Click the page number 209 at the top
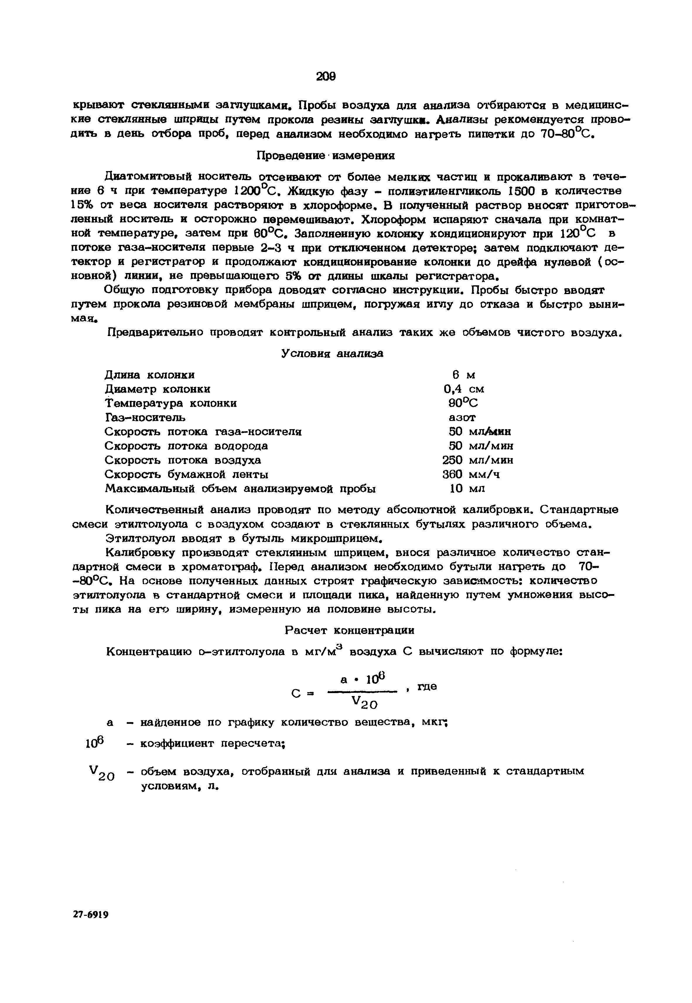click(326, 76)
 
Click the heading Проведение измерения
click(326, 155)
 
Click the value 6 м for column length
click(464, 375)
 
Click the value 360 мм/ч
click(471, 474)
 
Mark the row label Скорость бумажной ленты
click(187, 474)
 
